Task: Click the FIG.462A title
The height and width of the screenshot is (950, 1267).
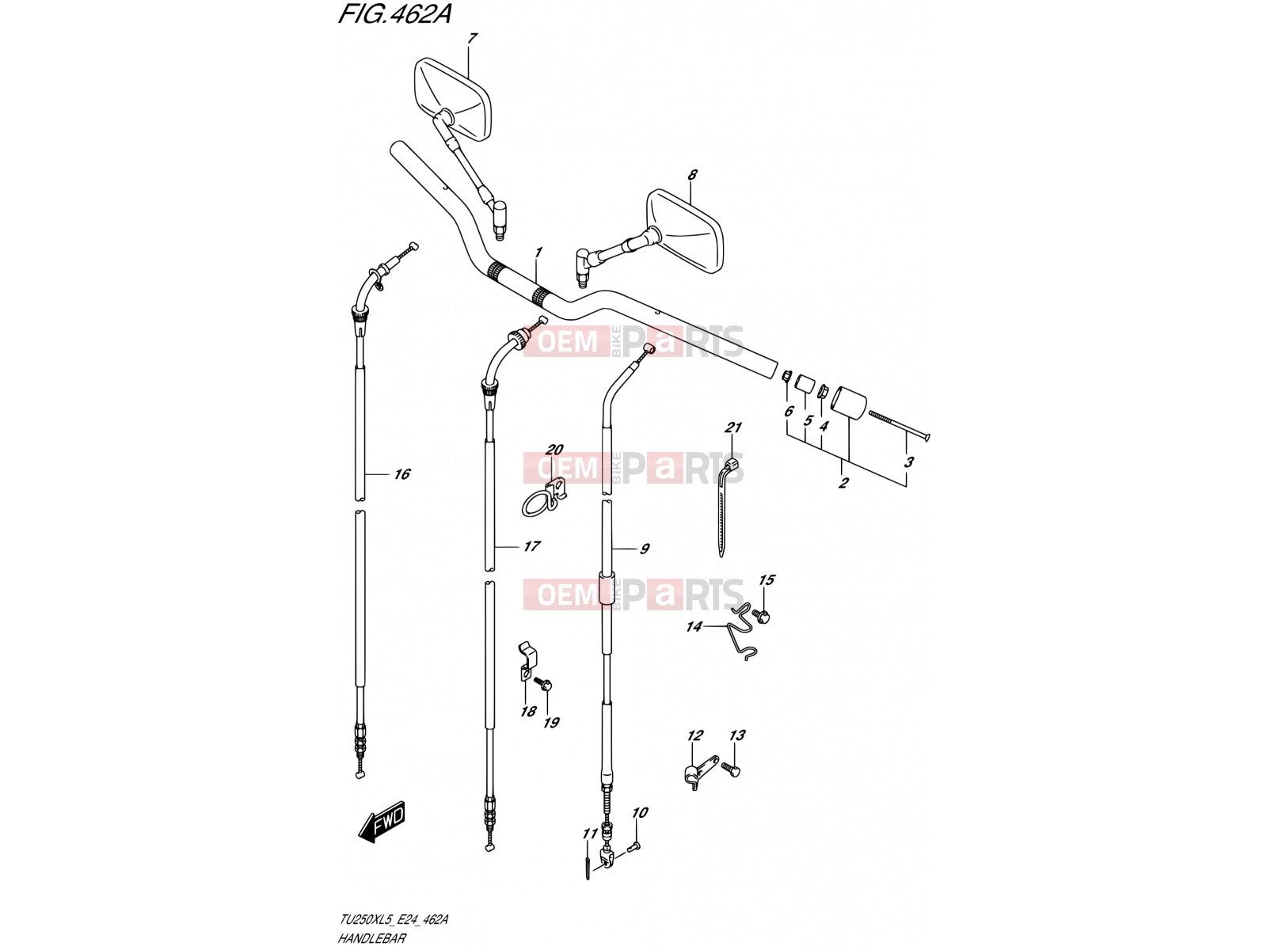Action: click(394, 14)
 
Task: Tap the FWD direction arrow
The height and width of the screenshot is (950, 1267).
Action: click(382, 821)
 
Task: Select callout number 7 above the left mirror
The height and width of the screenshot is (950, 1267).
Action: click(472, 39)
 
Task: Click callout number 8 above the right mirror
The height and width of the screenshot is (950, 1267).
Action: click(693, 174)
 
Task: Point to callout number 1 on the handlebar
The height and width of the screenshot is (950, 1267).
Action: click(538, 253)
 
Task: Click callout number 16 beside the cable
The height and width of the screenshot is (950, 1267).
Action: click(401, 474)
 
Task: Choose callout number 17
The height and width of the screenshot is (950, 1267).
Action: click(531, 545)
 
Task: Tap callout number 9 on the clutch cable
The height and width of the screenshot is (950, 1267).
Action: click(645, 549)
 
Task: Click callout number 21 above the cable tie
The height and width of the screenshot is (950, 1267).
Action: click(733, 427)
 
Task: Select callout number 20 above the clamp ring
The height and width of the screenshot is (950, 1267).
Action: click(554, 450)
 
